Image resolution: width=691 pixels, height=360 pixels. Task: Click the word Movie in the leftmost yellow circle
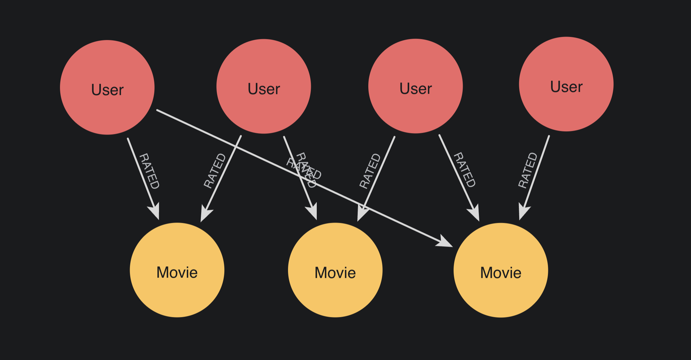[177, 272]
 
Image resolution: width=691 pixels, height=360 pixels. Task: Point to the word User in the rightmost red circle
[566, 87]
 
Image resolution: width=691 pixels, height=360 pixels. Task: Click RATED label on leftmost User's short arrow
[149, 171]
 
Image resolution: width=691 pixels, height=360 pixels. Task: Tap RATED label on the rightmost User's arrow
[528, 170]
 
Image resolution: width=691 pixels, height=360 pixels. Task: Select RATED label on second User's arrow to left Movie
[215, 171]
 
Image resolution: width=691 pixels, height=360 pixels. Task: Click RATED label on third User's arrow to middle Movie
[370, 171]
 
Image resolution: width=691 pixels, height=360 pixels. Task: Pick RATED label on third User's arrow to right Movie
[465, 170]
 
